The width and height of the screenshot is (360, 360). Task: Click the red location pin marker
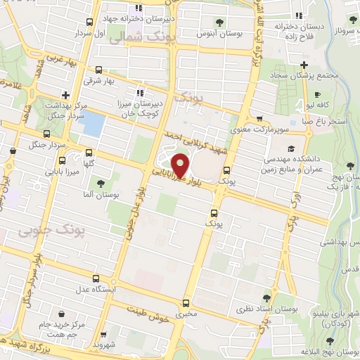[x=181, y=165]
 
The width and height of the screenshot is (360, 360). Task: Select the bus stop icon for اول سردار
[x=89, y=22]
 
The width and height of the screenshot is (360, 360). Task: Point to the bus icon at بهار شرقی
[x=98, y=70]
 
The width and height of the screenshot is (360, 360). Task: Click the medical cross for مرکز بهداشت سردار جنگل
[x=65, y=94]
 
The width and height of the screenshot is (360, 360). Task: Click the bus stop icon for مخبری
[x=186, y=304]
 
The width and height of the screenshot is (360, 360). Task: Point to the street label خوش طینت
[x=150, y=313]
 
